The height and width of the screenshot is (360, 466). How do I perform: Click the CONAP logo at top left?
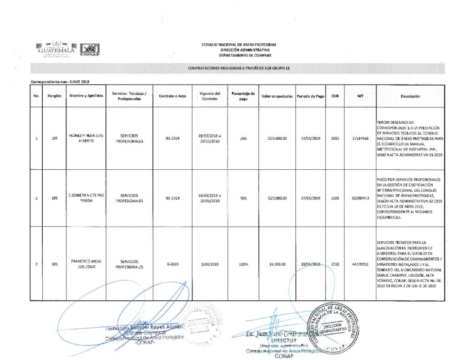pos(89,50)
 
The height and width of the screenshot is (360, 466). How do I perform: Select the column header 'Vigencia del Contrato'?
pos(209,96)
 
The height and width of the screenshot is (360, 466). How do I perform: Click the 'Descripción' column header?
pos(410,96)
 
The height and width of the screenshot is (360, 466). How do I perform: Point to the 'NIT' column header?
pos(360,96)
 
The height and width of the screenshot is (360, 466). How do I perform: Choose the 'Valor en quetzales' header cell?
pos(277,96)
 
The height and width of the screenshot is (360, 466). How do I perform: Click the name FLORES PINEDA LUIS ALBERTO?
pos(86,138)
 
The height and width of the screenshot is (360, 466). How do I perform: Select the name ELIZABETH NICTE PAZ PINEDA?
pos(86,198)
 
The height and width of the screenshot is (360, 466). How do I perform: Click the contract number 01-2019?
pos(172,138)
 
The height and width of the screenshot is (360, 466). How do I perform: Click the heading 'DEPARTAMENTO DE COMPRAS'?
pos(239,55)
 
